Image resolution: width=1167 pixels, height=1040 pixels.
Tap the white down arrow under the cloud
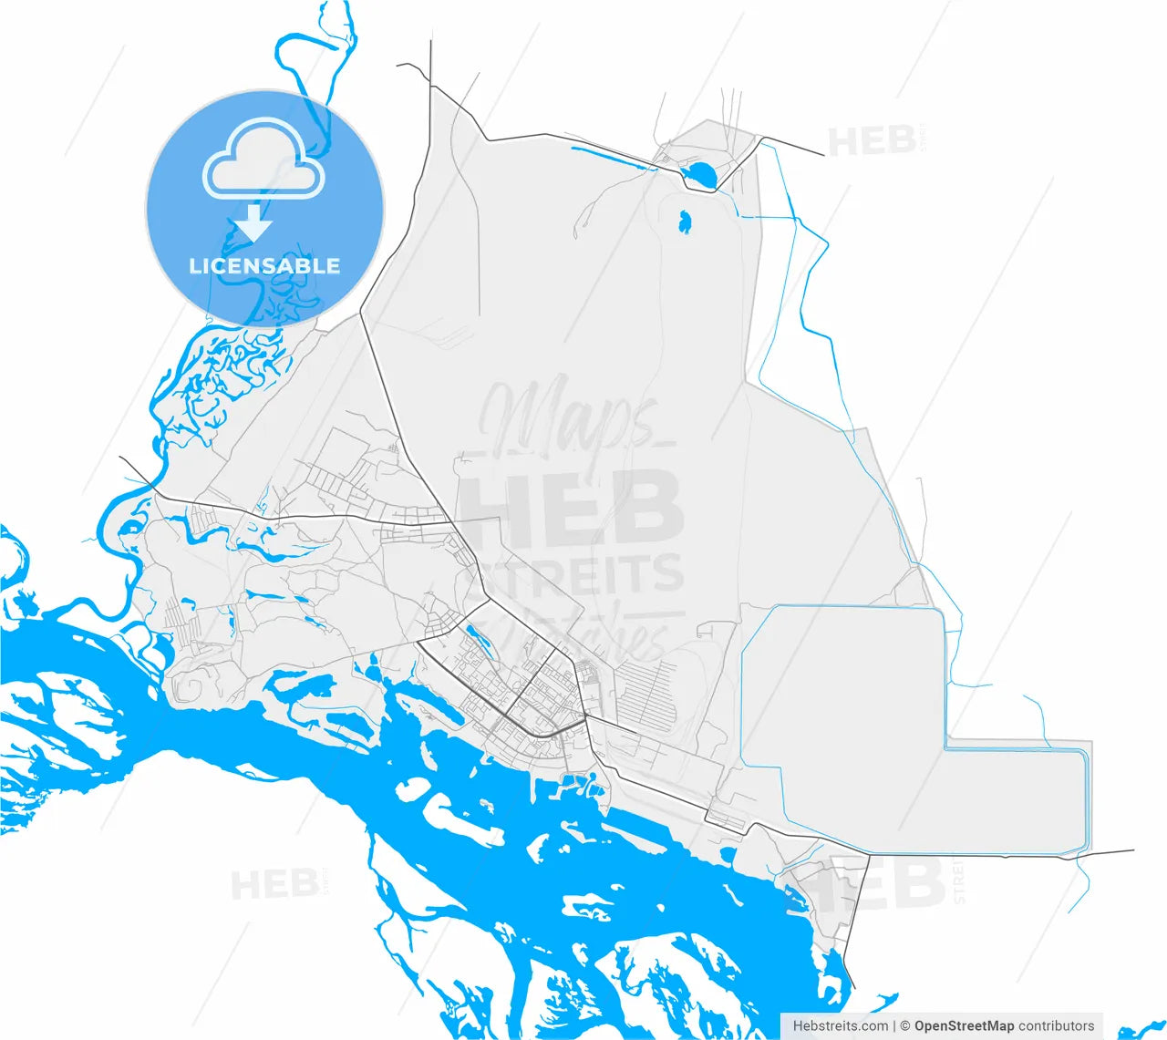tap(254, 221)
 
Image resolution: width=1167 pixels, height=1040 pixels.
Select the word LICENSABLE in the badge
tap(264, 266)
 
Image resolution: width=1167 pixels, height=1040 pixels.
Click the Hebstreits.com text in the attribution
tap(841, 1025)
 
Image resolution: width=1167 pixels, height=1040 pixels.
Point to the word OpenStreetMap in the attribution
tap(964, 1025)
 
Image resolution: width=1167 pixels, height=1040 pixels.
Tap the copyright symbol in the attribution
tap(905, 1025)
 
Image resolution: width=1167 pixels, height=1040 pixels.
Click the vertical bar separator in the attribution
tap(894, 1025)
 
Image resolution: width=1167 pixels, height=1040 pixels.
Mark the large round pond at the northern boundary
tap(700, 173)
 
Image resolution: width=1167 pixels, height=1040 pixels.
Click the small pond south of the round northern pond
tap(685, 221)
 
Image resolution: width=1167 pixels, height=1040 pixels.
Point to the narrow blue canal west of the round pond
tap(611, 155)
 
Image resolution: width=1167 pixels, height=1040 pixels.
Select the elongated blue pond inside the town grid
tap(477, 639)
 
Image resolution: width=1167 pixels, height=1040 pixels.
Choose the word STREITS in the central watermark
tap(583, 574)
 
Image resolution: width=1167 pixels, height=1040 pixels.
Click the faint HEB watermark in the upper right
tap(872, 141)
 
